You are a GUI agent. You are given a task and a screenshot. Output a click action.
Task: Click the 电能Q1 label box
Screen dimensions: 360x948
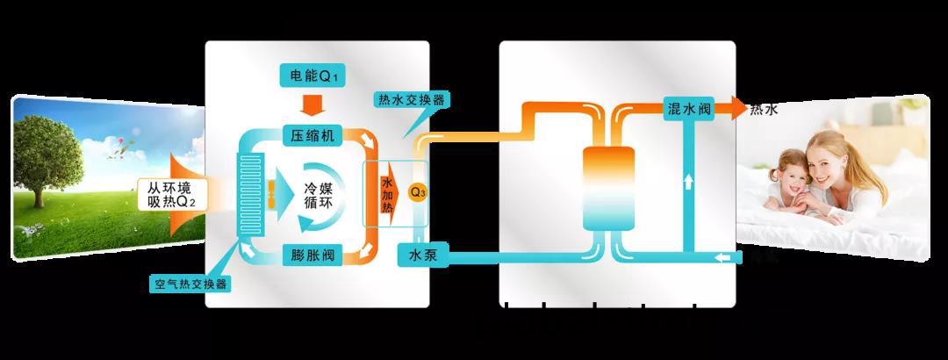click(x=312, y=76)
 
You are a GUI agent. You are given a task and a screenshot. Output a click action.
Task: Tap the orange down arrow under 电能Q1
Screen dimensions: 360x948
click(x=312, y=105)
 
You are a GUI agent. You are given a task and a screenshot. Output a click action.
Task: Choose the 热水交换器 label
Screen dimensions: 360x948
click(x=411, y=100)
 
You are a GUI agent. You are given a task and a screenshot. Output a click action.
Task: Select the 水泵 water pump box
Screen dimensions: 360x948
click(x=424, y=256)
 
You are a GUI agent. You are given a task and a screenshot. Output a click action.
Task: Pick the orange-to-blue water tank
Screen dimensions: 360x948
click(x=609, y=188)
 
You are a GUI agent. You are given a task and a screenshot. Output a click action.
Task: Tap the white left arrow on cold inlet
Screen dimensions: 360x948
click(x=723, y=256)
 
